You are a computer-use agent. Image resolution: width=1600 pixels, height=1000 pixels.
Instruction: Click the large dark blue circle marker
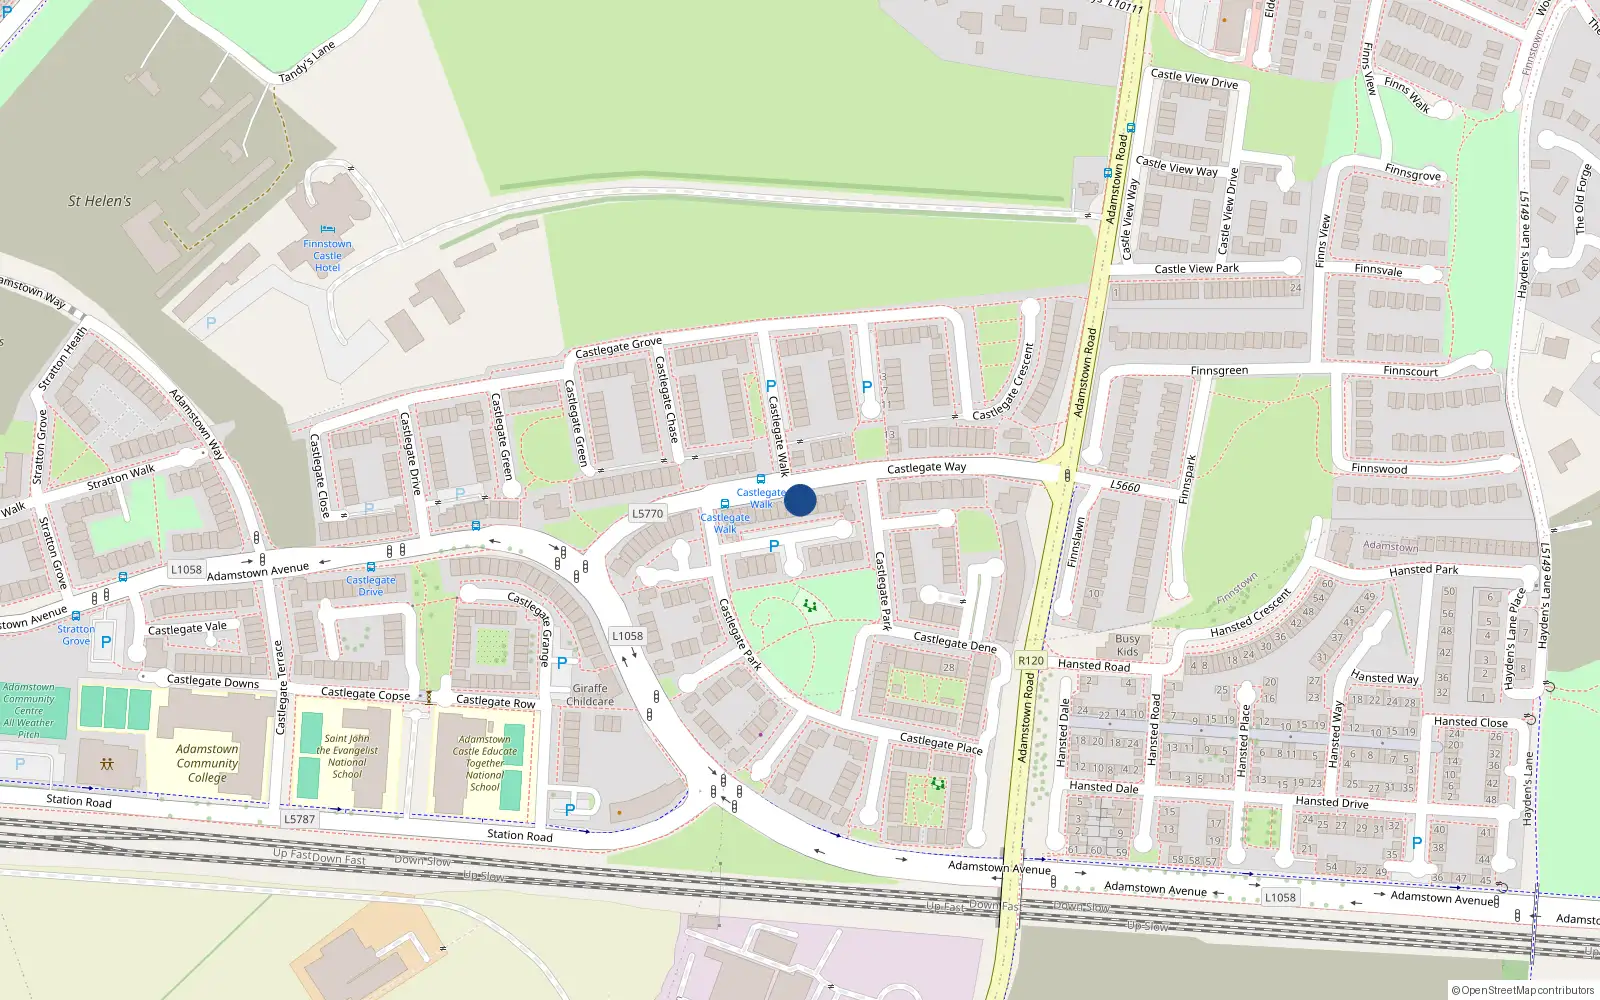click(800, 500)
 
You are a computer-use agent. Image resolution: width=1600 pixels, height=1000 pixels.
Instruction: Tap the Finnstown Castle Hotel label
click(328, 256)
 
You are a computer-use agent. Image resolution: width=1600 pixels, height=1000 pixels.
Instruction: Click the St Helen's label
click(99, 201)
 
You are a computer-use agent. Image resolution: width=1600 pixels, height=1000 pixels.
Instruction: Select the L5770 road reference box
click(648, 513)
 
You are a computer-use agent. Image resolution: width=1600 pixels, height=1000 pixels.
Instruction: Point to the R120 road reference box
click(1030, 660)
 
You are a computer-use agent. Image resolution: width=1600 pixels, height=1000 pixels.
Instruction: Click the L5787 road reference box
click(299, 819)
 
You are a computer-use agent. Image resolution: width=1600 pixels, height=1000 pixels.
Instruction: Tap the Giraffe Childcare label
click(590, 695)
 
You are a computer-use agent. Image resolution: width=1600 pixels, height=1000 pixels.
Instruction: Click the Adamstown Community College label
click(207, 763)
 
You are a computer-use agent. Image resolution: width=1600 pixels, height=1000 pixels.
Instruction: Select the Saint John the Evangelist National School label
click(347, 756)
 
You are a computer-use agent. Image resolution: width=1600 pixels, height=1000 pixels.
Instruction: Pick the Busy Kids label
click(1127, 645)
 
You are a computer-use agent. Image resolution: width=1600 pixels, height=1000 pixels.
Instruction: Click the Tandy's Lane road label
click(306, 63)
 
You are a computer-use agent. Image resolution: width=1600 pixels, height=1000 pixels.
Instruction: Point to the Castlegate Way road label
click(926, 467)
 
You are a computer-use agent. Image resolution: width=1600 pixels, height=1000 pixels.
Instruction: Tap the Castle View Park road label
click(1196, 268)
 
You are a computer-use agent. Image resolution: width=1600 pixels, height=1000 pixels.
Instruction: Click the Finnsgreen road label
click(1219, 371)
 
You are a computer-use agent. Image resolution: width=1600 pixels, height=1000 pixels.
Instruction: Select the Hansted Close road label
click(1470, 722)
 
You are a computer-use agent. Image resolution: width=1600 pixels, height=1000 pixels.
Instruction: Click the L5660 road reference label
click(1125, 486)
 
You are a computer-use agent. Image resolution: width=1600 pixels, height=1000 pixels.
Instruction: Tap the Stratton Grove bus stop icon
click(76, 616)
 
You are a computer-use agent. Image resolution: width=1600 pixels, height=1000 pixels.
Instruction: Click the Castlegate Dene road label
click(954, 642)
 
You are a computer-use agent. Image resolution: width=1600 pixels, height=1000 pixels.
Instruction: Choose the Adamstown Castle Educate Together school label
click(484, 763)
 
